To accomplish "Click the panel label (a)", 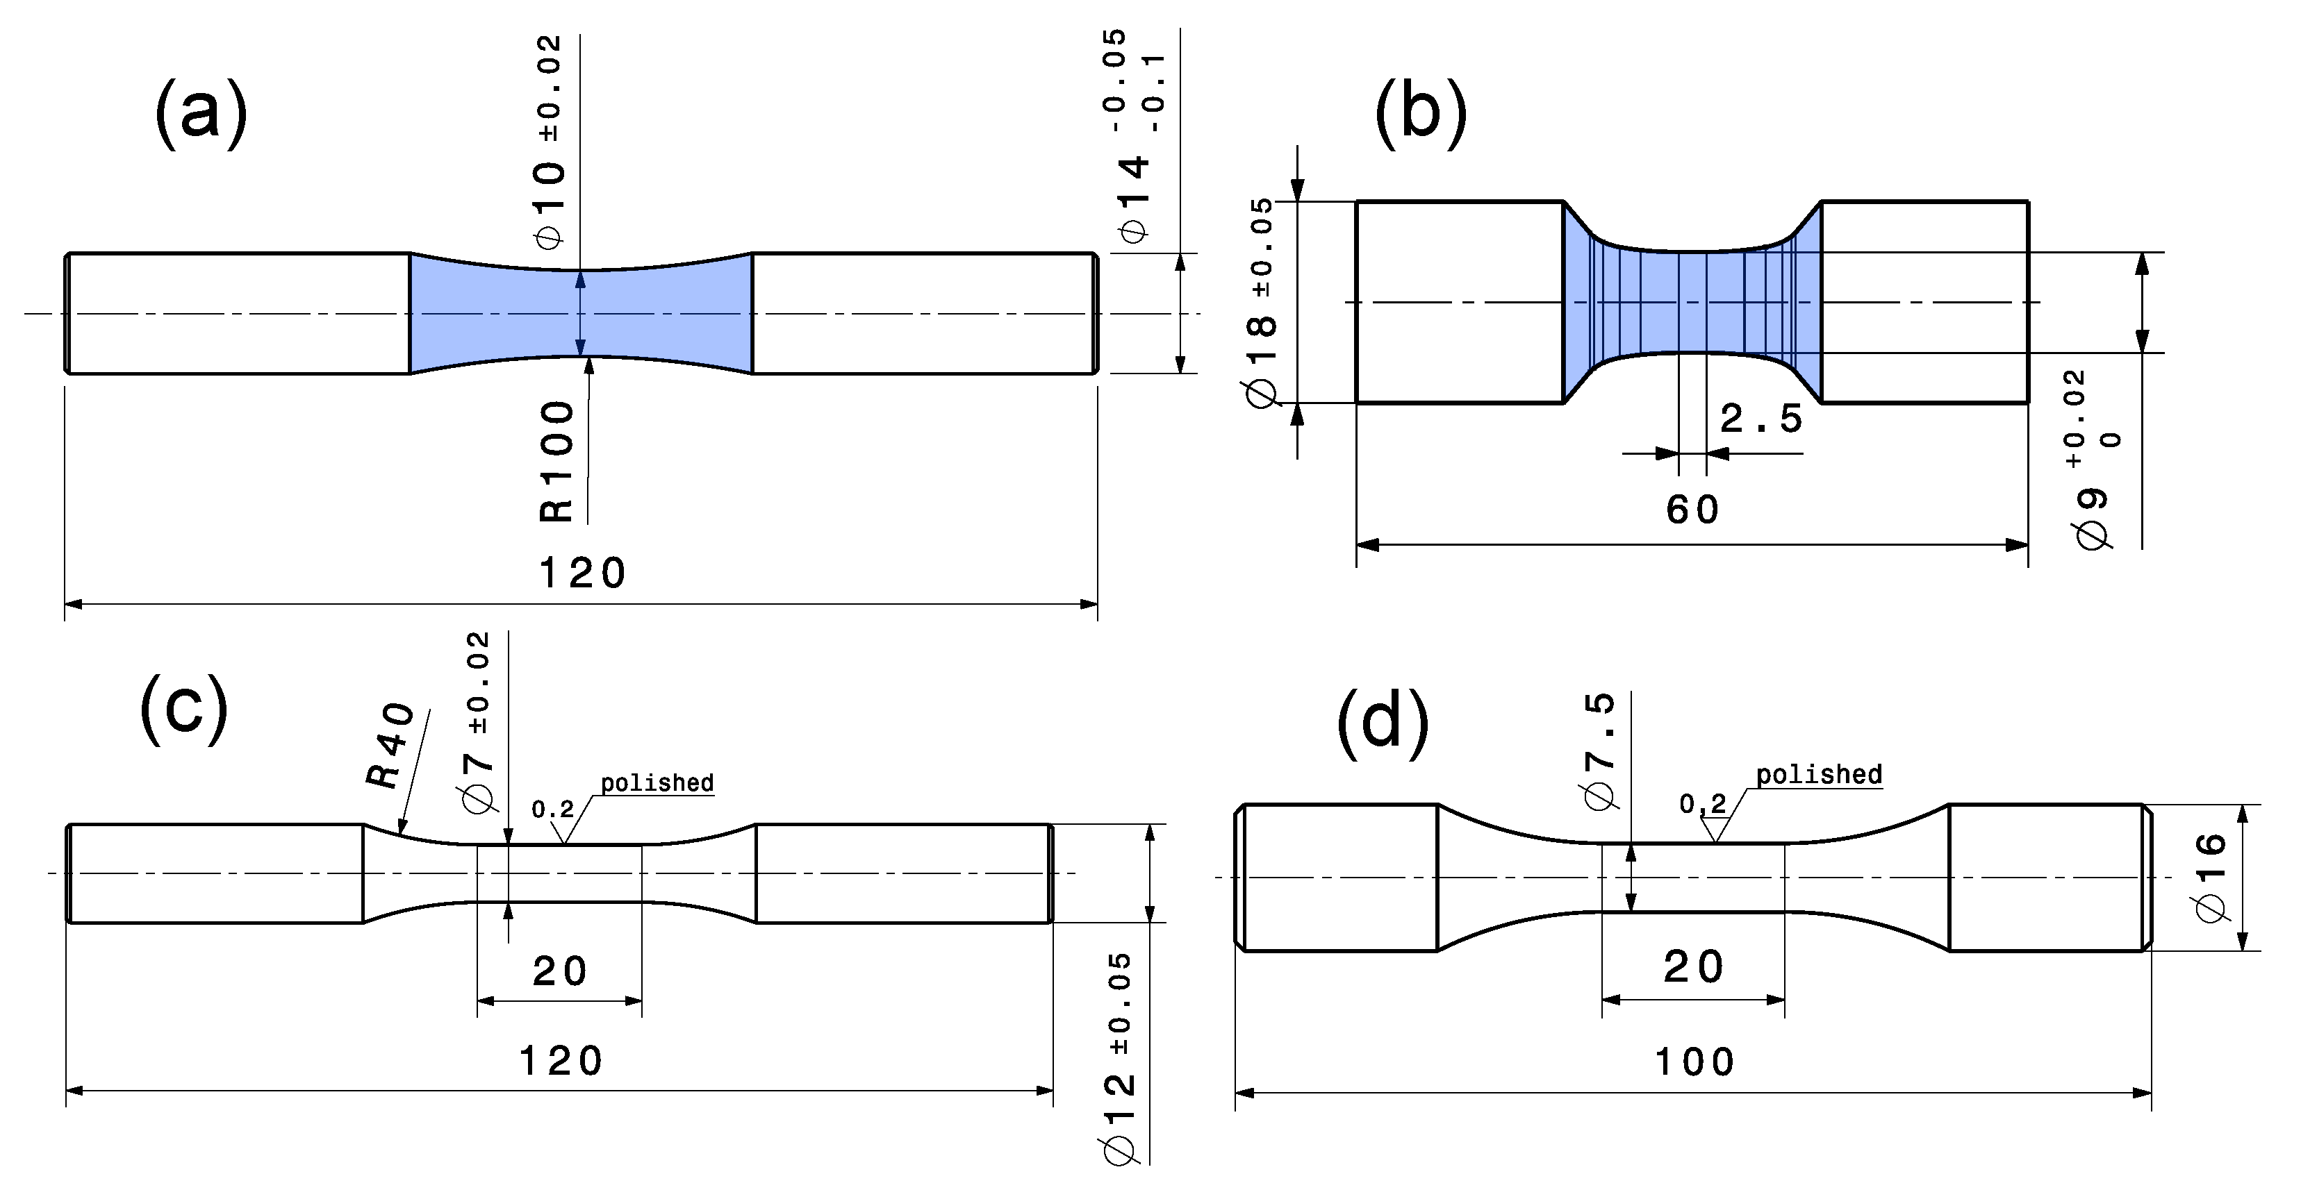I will pyautogui.click(x=201, y=113).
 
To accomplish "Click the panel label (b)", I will pyautogui.click(x=1419, y=113).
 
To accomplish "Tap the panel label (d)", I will pyautogui.click(x=1382, y=721).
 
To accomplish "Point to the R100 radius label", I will pyautogui.click(x=557, y=461).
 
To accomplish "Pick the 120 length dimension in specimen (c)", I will pyautogui.click(x=561, y=1062).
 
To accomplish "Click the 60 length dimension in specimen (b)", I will pyautogui.click(x=1692, y=510).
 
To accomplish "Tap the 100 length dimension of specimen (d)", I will pyautogui.click(x=1694, y=1062).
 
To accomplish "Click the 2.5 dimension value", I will pyautogui.click(x=1760, y=419).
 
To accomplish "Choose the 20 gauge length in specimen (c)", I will pyautogui.click(x=560, y=971).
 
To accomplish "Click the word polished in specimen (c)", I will pyautogui.click(x=657, y=783).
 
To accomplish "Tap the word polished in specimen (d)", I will pyautogui.click(x=1819, y=774).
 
